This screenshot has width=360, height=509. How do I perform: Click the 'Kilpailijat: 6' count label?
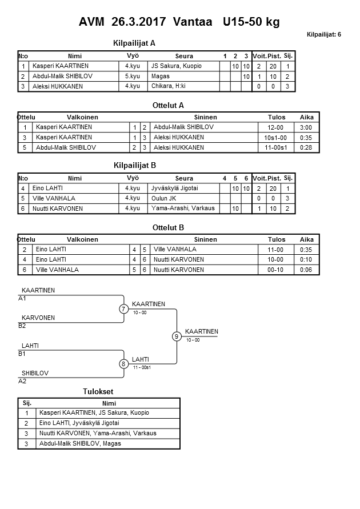[x=324, y=34]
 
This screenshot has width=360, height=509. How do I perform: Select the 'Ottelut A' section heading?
[x=169, y=105]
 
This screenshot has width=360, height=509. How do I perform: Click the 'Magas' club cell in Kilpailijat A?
[x=161, y=76]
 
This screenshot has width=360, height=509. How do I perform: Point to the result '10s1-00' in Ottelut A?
[x=276, y=137]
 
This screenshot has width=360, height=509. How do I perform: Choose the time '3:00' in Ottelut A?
[x=306, y=127]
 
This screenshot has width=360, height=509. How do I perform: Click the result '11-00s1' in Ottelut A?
[x=276, y=147]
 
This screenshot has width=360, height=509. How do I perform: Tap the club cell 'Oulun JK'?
[x=164, y=198]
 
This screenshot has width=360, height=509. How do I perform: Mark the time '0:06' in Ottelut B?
[x=306, y=270]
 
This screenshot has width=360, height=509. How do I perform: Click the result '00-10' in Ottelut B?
[x=276, y=270]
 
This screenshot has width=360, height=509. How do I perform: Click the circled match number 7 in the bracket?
[x=123, y=309]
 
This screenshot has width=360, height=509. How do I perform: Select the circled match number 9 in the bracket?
[x=177, y=336]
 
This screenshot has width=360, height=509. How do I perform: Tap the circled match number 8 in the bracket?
[x=123, y=364]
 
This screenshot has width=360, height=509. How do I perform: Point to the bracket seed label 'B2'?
[x=22, y=326]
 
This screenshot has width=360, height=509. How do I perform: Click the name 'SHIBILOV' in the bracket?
[x=35, y=372]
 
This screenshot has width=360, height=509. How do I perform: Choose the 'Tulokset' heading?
[x=99, y=391]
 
